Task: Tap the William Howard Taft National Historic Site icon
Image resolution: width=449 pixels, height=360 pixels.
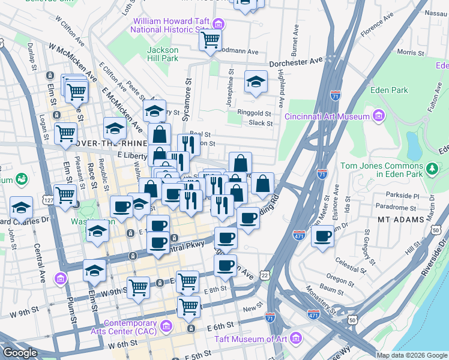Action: pyautogui.click(x=218, y=25)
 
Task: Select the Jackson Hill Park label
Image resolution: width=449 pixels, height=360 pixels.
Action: pyautogui.click(x=163, y=54)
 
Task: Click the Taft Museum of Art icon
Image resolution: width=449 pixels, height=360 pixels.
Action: pyautogui.click(x=295, y=339)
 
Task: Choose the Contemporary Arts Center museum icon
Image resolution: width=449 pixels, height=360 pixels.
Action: pyautogui.click(x=166, y=327)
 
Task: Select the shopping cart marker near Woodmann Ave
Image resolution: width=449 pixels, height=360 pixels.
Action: pyautogui.click(x=210, y=40)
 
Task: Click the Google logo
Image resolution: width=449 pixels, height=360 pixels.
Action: pyautogui.click(x=21, y=352)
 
